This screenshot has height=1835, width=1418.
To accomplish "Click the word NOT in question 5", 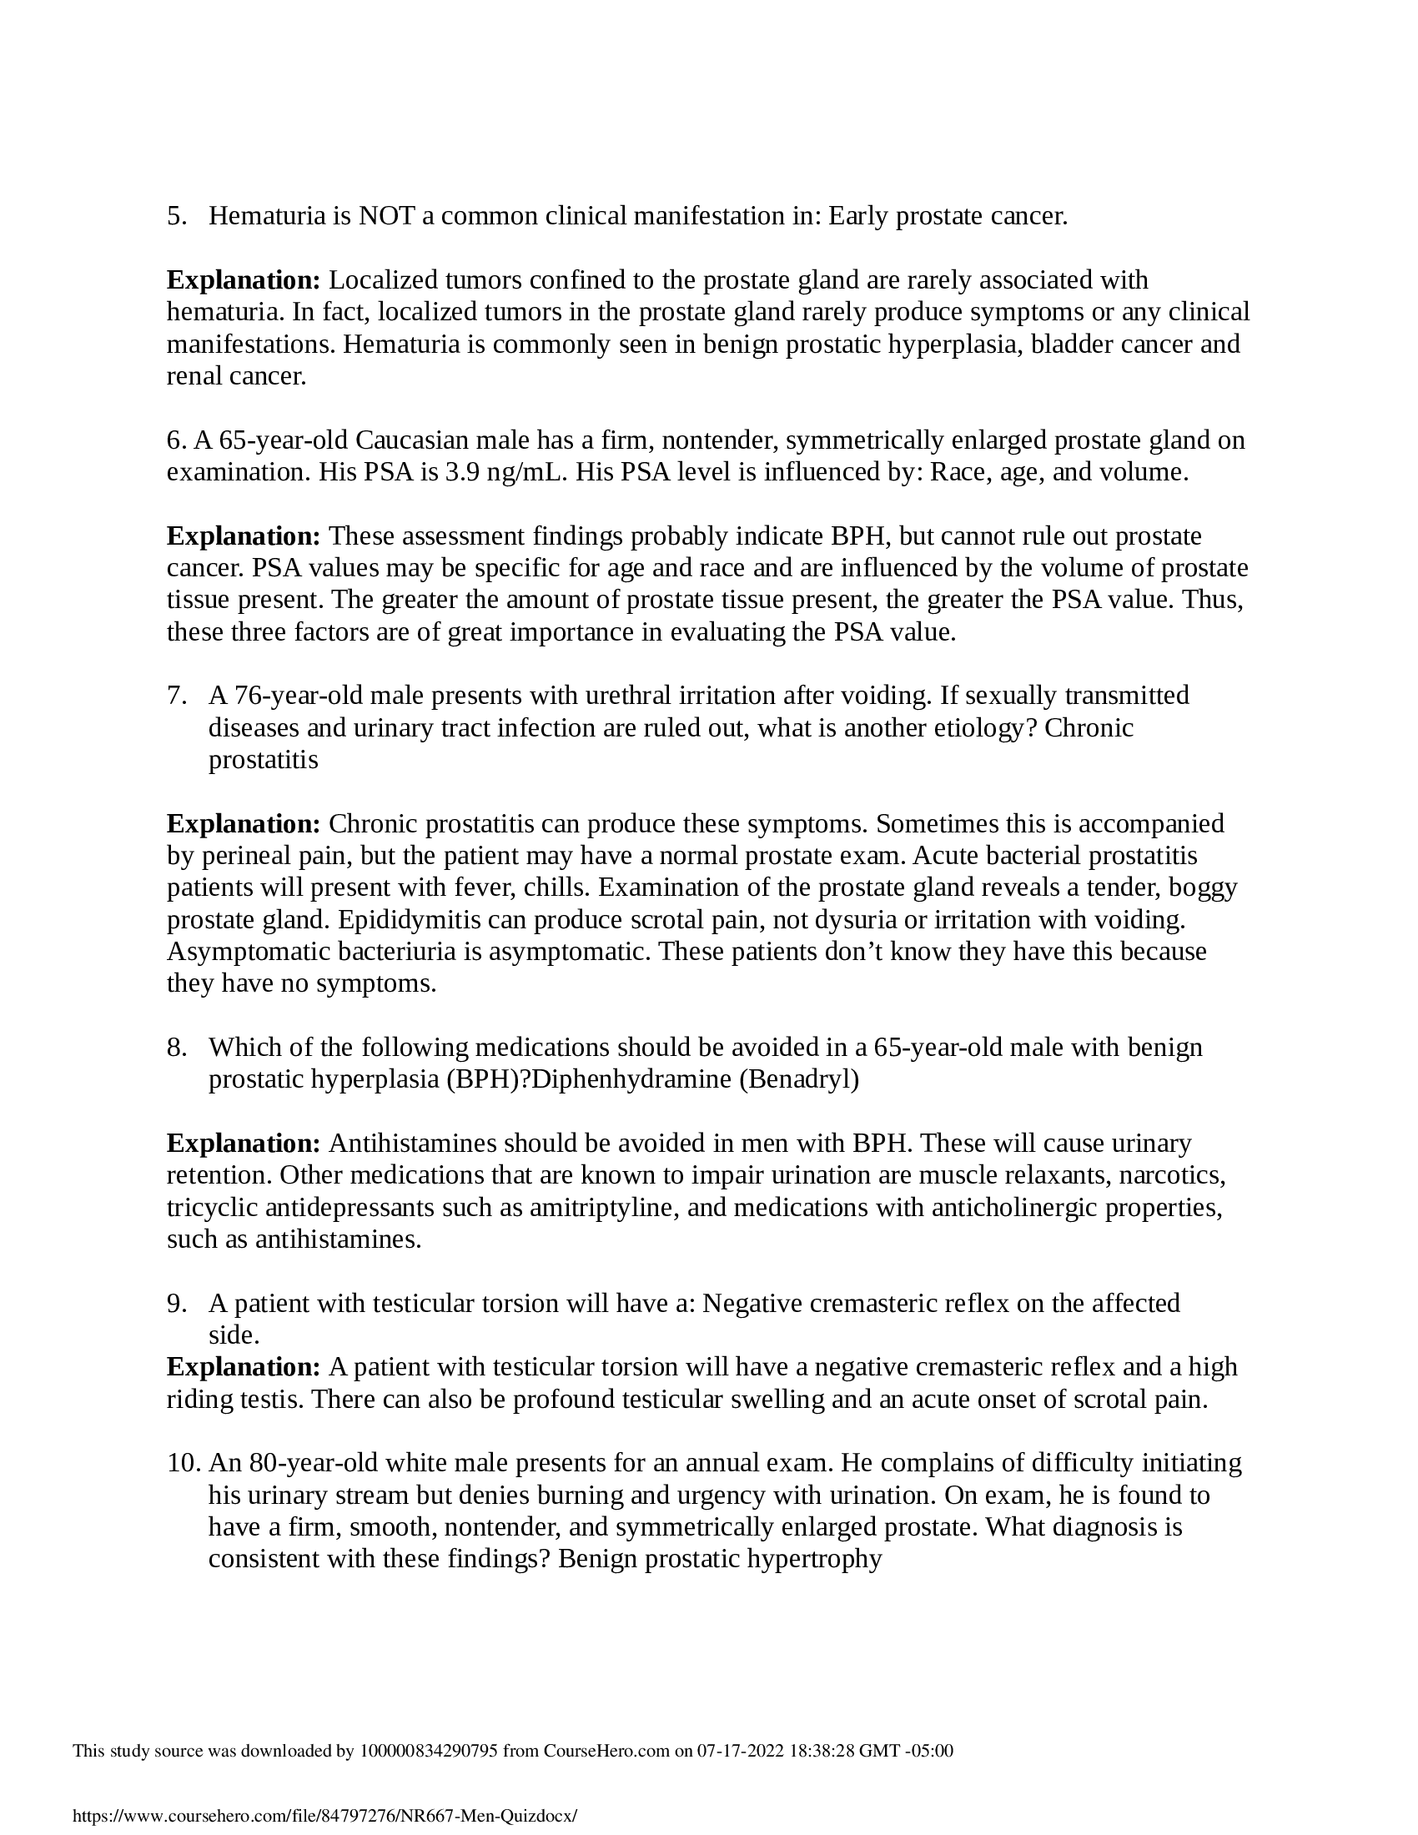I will click(385, 217).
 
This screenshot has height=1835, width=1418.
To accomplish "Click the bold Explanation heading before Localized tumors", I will click(244, 279).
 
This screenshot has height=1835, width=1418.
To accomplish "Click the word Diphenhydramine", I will click(631, 1079).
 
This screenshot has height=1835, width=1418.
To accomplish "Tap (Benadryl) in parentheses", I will click(799, 1079).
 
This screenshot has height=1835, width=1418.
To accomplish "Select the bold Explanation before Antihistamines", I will click(244, 1144).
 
